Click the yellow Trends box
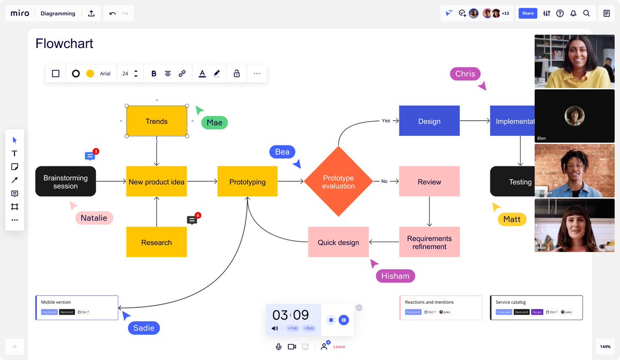coord(157,121)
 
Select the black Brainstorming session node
coord(66,181)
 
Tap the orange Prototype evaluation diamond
coord(338,181)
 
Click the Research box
coord(157,242)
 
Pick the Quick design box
coord(338,242)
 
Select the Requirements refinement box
coord(429,242)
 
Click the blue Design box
coord(429,121)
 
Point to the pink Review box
coord(429,182)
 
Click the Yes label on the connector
coord(386,121)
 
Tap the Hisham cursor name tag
coord(395,276)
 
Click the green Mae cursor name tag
coord(214,122)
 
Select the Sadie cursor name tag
coord(144,328)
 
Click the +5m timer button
coord(309,328)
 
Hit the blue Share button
coord(528,13)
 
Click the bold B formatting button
coord(153,74)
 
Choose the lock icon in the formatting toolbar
coord(237,74)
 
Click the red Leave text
coord(339,347)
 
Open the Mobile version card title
coord(56,302)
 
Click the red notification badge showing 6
coord(198,215)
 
